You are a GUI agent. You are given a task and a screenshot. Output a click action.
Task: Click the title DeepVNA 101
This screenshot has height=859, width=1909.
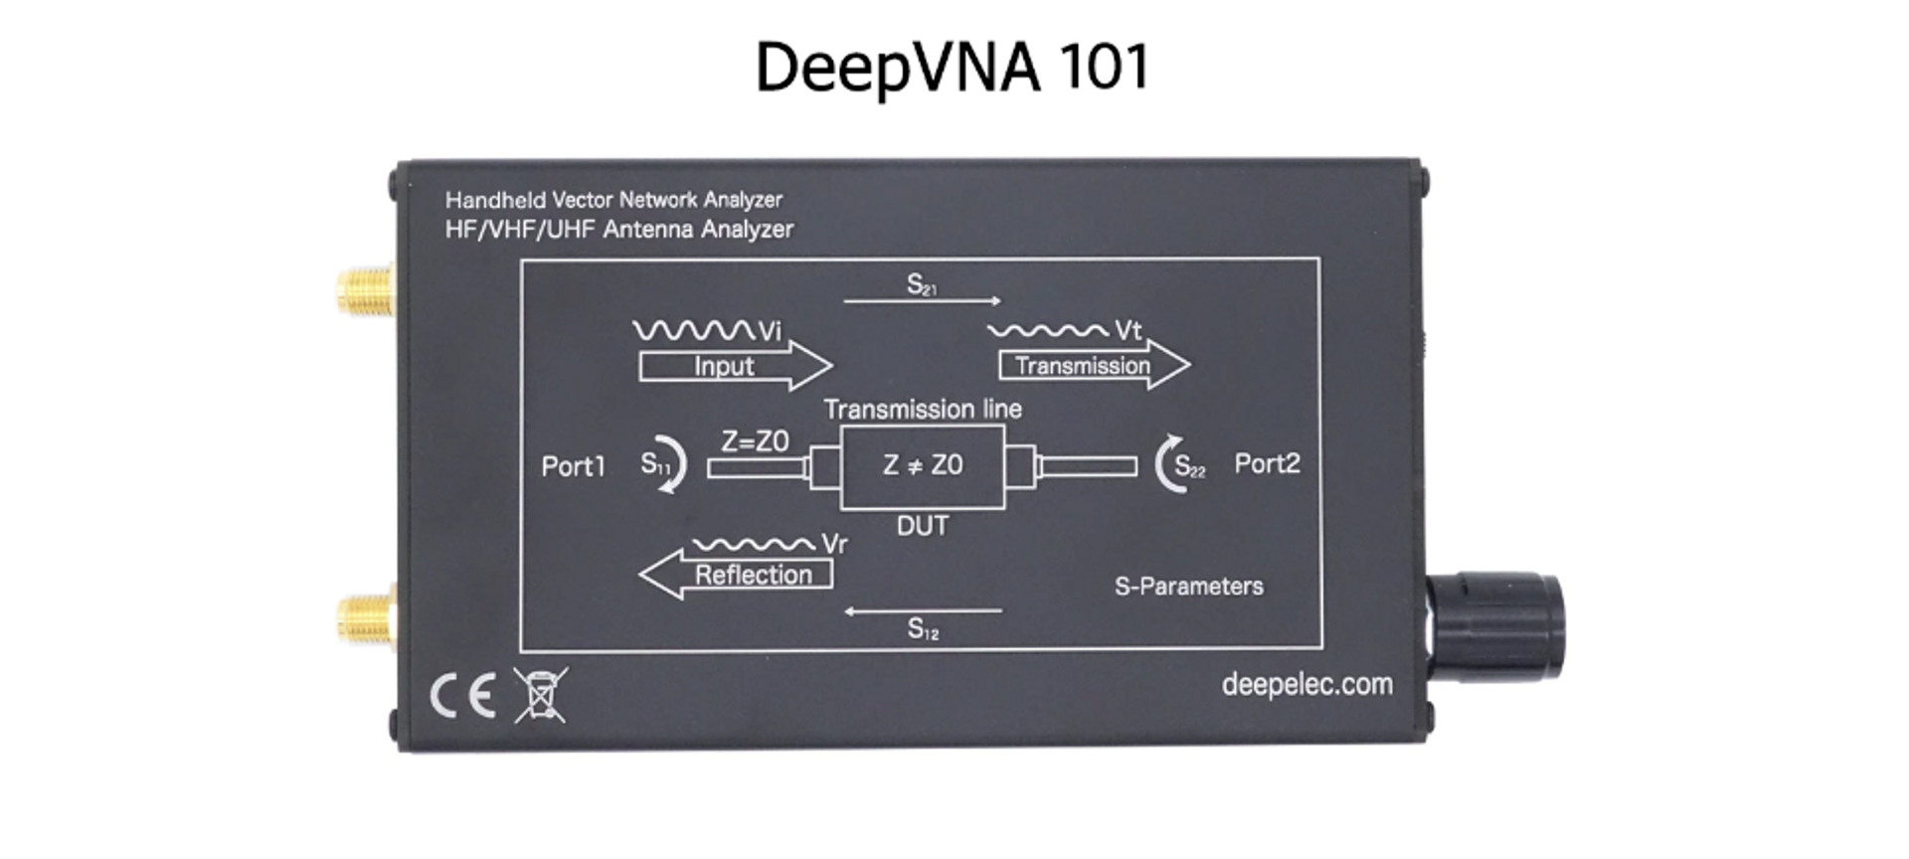(953, 67)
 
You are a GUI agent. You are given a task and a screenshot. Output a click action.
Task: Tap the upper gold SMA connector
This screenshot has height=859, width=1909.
(365, 289)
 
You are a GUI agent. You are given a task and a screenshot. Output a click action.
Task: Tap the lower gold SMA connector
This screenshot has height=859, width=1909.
(365, 617)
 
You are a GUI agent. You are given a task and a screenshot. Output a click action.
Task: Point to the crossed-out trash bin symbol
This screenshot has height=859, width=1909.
(540, 694)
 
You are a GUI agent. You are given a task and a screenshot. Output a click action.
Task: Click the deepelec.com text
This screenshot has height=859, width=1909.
(1306, 684)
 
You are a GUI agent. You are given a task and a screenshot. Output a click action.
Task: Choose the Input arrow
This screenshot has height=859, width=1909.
(734, 366)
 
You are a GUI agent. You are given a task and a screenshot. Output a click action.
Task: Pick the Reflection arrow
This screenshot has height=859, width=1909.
(738, 575)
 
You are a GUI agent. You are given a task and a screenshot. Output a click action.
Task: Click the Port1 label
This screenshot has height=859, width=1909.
(573, 466)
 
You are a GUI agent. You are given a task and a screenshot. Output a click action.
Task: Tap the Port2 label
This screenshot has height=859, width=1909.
(1267, 464)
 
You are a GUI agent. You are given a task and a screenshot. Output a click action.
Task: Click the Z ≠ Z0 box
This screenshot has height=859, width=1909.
(923, 465)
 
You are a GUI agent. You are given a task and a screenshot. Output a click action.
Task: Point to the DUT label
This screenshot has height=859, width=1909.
(923, 526)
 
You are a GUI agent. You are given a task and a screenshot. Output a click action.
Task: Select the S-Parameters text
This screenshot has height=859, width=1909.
(1188, 587)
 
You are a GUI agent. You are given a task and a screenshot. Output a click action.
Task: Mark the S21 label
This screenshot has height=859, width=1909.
(922, 285)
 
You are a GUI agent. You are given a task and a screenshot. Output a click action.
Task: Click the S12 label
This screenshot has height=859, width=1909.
(923, 628)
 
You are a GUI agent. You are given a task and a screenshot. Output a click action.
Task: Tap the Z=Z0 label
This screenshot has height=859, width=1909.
(755, 441)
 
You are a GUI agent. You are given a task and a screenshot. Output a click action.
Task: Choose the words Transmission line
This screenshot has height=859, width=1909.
(923, 410)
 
